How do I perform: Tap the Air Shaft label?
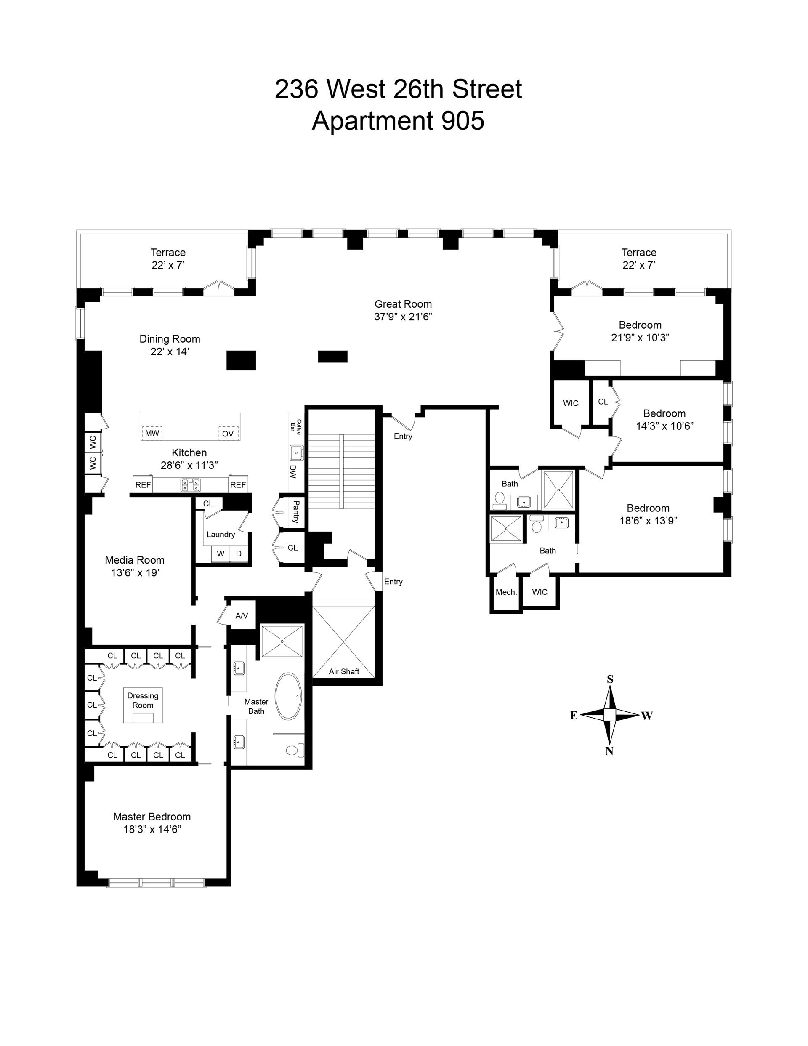coord(344,671)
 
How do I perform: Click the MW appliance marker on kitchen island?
coord(152,434)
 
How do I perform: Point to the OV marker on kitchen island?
coord(228,434)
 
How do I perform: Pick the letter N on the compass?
coord(609,751)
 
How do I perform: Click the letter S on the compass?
coord(610,679)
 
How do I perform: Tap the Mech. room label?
coord(506,592)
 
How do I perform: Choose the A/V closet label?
coord(242,616)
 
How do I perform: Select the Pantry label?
coord(296,511)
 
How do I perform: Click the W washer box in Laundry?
coord(221,554)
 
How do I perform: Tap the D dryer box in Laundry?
coord(239,554)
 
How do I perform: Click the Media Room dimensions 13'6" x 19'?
coord(135,572)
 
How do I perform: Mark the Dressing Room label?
coord(143,700)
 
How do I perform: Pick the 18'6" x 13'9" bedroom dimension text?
coord(648,521)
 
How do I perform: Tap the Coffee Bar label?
coord(296,427)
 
